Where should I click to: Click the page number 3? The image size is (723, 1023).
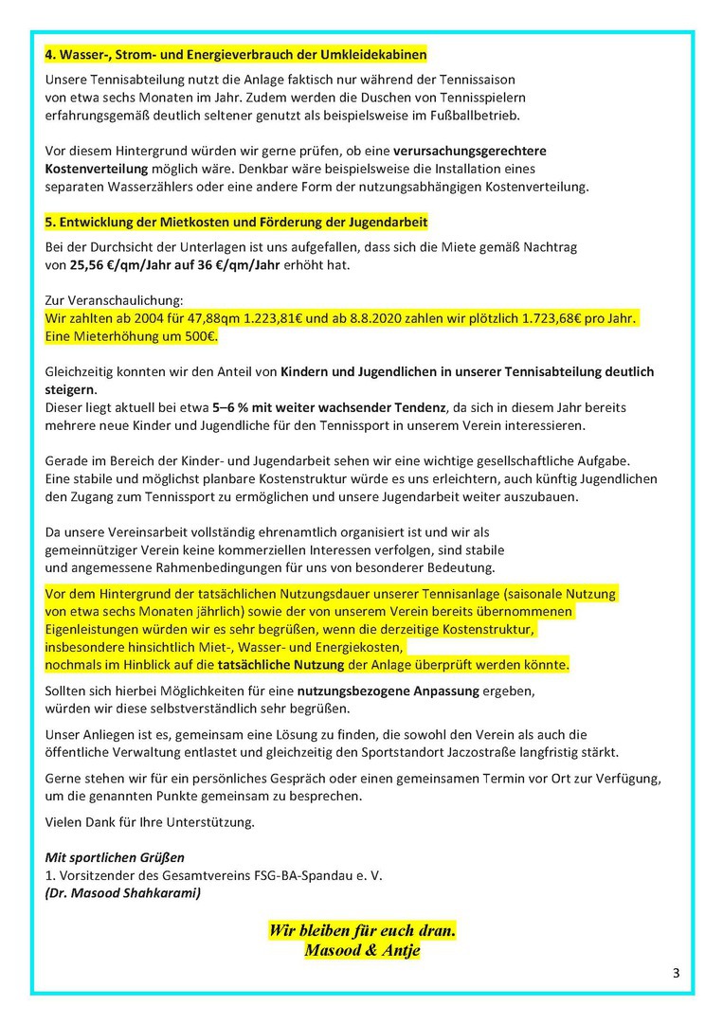[x=676, y=973]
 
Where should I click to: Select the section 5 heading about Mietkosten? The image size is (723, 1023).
[x=236, y=222]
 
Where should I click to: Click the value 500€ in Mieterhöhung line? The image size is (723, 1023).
[x=199, y=335]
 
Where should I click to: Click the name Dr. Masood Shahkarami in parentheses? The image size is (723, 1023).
[x=123, y=893]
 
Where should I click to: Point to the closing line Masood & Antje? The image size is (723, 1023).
[x=362, y=950]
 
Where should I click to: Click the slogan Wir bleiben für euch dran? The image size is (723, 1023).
[x=362, y=931]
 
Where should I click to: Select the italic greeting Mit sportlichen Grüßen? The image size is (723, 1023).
[x=115, y=858]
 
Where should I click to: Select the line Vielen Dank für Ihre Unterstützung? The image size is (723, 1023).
[x=150, y=822]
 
